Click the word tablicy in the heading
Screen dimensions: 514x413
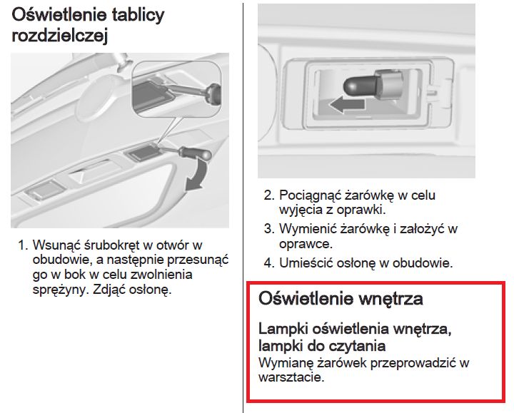pyautogui.click(x=138, y=16)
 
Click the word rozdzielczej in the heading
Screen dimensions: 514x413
pyautogui.click(x=60, y=36)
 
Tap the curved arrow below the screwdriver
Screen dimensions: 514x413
pyautogui.click(x=196, y=173)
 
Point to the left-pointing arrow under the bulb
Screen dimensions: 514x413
pyautogui.click(x=347, y=105)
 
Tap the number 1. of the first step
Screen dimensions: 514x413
pyautogui.click(x=24, y=245)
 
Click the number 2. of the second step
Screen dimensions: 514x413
pyautogui.click(x=269, y=195)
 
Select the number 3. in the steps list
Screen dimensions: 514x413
pyautogui.click(x=269, y=228)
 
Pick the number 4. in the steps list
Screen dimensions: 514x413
pyautogui.click(x=269, y=263)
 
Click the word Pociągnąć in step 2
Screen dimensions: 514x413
pyautogui.click(x=310, y=196)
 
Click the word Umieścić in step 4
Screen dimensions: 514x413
pyautogui.click(x=306, y=263)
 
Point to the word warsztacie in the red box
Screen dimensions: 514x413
pyautogui.click(x=291, y=377)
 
